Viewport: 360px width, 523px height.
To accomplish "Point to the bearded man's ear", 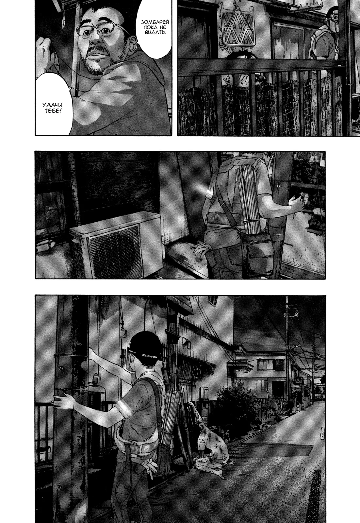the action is click(x=134, y=41).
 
